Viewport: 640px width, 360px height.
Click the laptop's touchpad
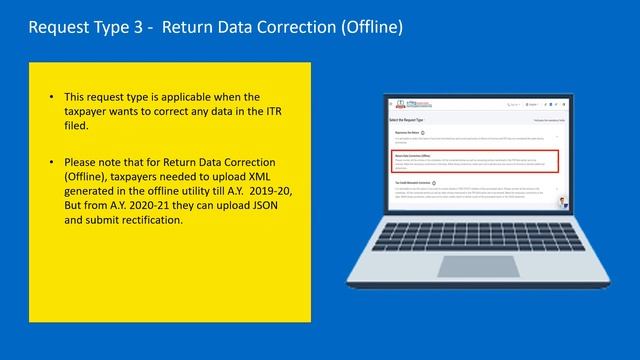tap(469, 265)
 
